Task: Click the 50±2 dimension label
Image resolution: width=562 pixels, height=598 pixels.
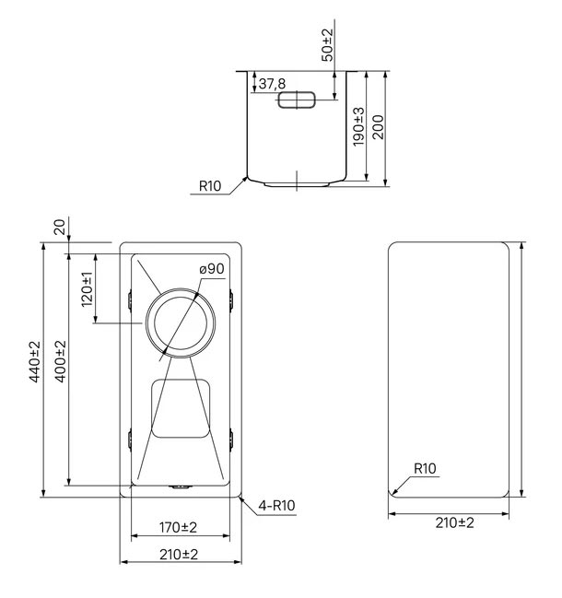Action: point(327,45)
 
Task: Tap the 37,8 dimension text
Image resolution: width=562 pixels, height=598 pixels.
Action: point(272,84)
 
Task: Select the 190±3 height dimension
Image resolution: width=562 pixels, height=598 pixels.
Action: point(358,127)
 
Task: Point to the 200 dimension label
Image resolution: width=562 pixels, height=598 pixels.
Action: point(378,127)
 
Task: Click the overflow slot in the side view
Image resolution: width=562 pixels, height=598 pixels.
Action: point(297,100)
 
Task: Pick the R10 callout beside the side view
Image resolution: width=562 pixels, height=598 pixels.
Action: point(210,186)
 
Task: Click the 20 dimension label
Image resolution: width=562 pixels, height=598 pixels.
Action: point(61,229)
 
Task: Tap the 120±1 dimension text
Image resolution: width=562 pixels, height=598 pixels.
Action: point(87,289)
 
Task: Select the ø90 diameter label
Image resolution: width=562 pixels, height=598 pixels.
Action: point(212,269)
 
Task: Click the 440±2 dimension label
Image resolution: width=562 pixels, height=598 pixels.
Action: point(35,361)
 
